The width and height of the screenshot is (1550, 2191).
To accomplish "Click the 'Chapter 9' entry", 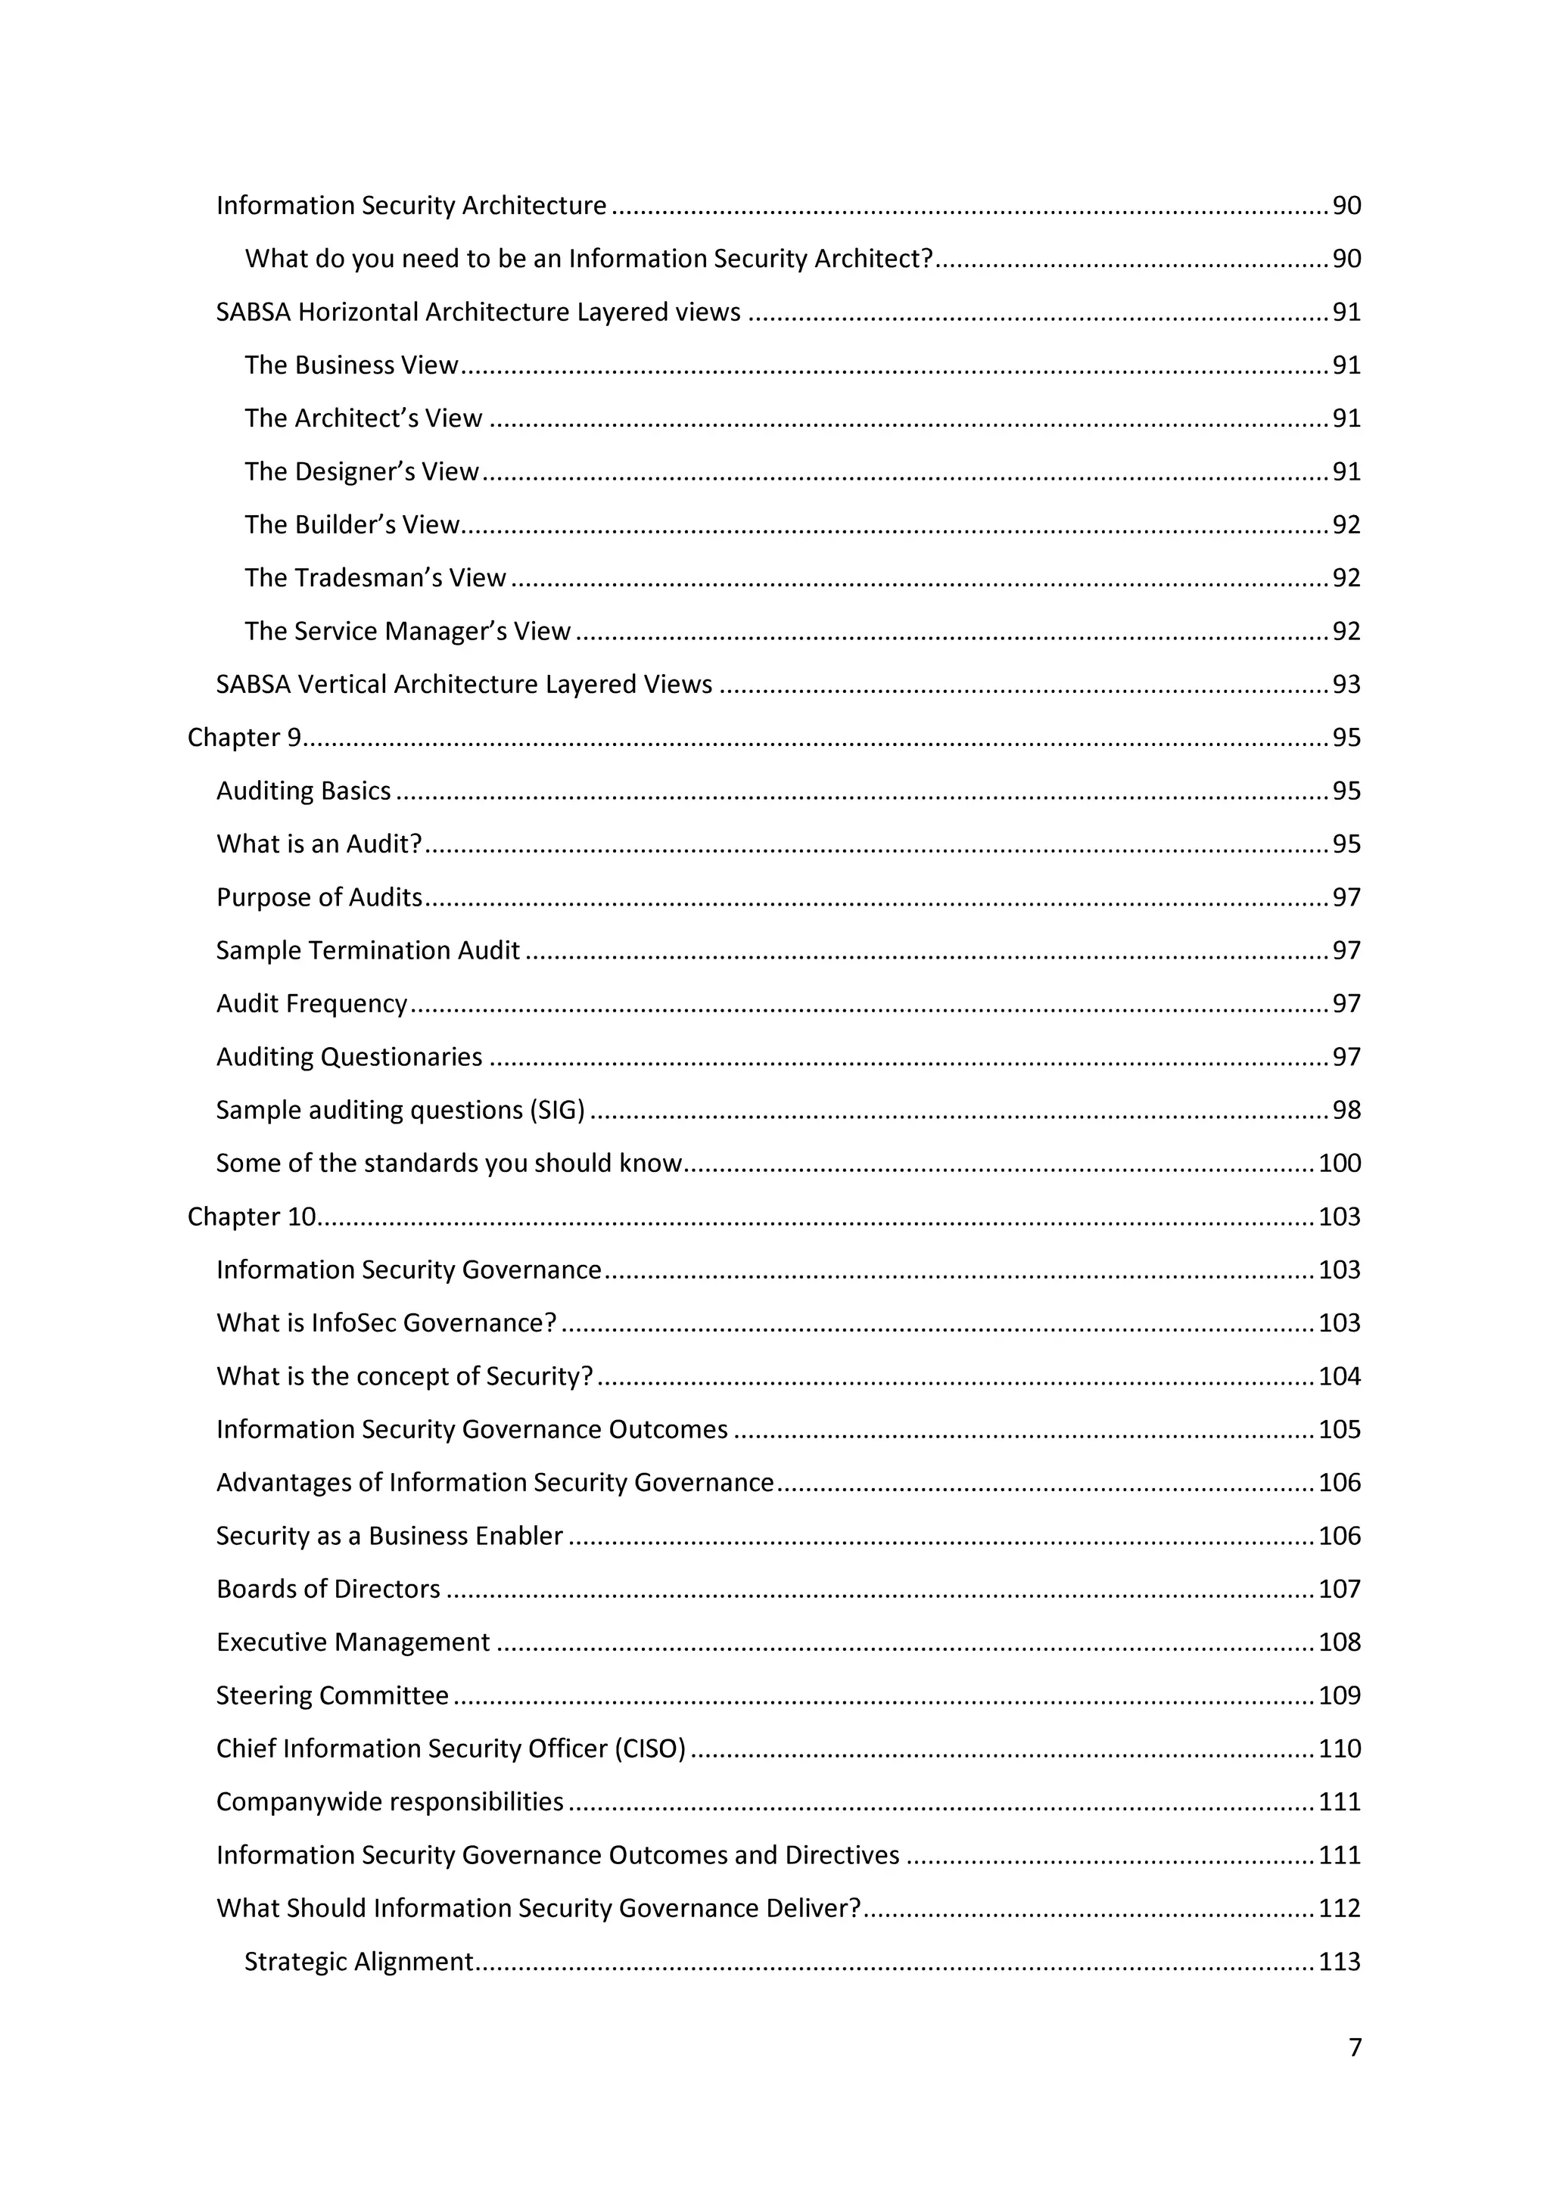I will click(244, 738).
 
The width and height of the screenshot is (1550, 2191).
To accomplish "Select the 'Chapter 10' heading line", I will click(251, 1217).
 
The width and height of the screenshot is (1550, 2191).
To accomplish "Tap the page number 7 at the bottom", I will click(1354, 2048).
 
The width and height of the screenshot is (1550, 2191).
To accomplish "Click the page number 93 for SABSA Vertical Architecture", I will click(1346, 684).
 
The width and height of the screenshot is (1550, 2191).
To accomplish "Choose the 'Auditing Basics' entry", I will click(303, 791).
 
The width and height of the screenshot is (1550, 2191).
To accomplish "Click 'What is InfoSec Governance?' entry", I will click(385, 1323).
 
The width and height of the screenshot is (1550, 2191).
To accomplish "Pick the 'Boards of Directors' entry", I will click(328, 1589).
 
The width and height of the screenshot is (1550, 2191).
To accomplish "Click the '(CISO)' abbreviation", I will click(650, 1749).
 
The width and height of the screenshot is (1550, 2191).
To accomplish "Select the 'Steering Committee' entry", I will click(331, 1695).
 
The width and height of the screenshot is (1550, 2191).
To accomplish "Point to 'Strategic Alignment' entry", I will click(358, 1962).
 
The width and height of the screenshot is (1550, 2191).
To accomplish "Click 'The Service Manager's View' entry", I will click(406, 632).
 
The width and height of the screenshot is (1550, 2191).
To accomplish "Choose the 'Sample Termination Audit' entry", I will click(368, 950).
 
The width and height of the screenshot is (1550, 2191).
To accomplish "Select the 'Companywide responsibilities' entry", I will click(390, 1801).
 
